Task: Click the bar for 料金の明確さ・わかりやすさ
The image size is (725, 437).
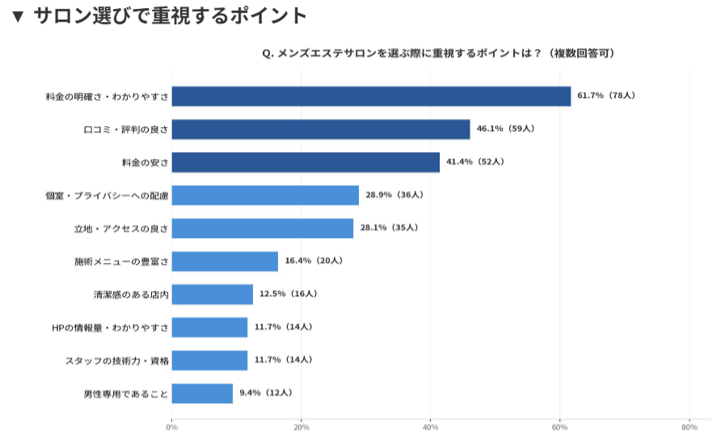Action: point(371,96)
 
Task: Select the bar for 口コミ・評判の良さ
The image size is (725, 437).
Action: point(321,129)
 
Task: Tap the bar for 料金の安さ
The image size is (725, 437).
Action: point(306,162)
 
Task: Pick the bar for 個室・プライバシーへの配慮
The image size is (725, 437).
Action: point(265,195)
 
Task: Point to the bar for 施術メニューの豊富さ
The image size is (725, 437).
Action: point(225,261)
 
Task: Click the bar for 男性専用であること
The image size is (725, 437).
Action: point(202,393)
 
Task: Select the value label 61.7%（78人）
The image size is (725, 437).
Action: point(606,95)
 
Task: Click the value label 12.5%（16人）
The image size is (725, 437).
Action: point(288,294)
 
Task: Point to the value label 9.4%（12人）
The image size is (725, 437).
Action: point(265,393)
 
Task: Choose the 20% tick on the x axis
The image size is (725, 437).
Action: point(301,427)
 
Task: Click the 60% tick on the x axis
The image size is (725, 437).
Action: point(560,427)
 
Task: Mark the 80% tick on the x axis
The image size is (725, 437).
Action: point(689,427)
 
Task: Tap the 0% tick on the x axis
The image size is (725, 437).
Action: point(171,427)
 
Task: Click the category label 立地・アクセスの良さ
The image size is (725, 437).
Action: point(121,229)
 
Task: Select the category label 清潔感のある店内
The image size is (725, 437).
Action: point(131,295)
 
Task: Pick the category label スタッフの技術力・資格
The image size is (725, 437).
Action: point(116,361)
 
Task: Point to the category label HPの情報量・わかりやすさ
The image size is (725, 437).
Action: point(110,328)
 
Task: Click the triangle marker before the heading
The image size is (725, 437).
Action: point(18,16)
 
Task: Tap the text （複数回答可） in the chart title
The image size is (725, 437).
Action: point(580,53)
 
